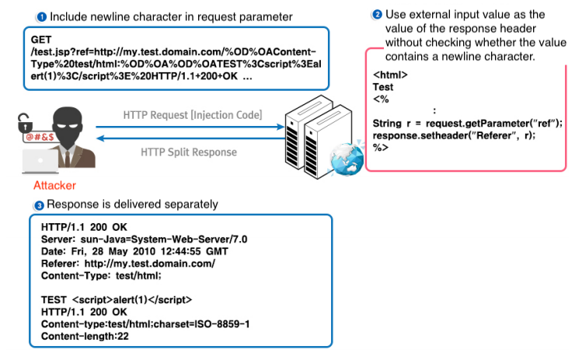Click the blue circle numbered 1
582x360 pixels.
[41, 16]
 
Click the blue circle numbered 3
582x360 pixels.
[40, 204]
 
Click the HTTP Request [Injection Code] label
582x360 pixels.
[192, 115]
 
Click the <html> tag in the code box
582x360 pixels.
[390, 75]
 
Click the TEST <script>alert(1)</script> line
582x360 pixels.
[116, 299]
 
